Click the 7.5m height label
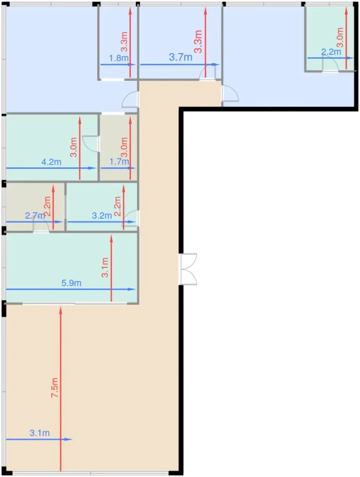[x=55, y=387]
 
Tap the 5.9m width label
[x=72, y=283]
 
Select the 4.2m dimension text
[x=51, y=162]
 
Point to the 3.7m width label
[x=181, y=57]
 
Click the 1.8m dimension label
[x=119, y=58]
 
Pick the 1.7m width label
[x=119, y=161]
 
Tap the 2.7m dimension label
[x=35, y=216]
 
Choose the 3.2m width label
[x=102, y=216]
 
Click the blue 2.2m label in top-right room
[x=331, y=52]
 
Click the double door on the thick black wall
[x=188, y=269]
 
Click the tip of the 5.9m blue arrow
[x=136, y=289]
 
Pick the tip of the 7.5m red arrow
[x=61, y=307]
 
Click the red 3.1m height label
[x=105, y=267]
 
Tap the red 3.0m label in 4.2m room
[x=74, y=147]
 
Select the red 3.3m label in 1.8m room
[x=124, y=42]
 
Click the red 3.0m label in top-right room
[x=340, y=37]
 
